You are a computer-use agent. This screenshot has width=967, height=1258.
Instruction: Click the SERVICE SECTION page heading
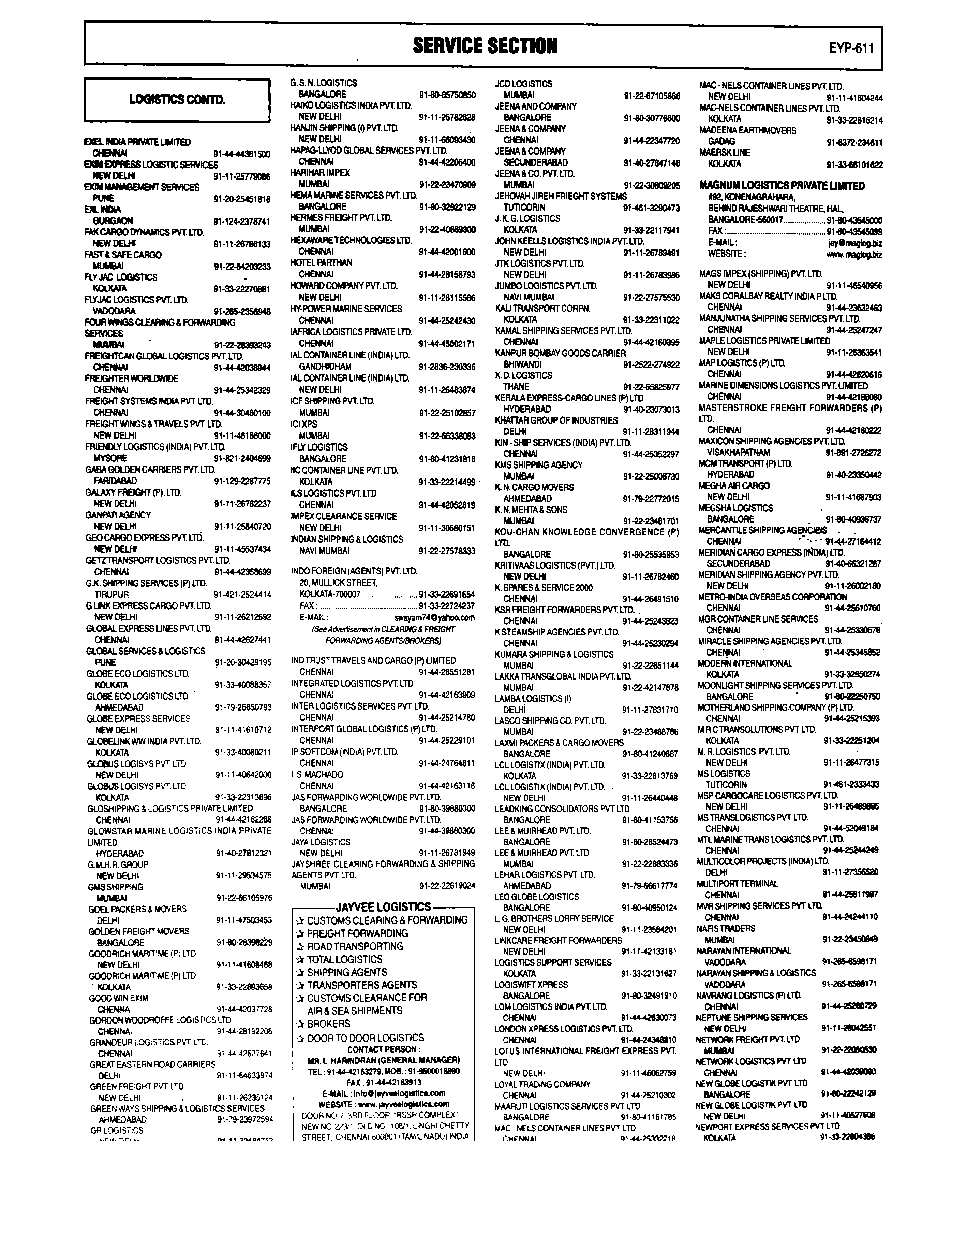[x=485, y=45]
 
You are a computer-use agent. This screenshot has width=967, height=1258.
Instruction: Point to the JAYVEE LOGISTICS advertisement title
[x=383, y=906]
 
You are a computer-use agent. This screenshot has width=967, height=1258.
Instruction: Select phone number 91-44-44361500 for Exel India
[x=242, y=154]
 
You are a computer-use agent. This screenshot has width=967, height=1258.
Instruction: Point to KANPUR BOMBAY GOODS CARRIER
[x=560, y=353]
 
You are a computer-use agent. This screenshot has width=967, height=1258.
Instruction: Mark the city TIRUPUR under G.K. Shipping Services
[x=111, y=595]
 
